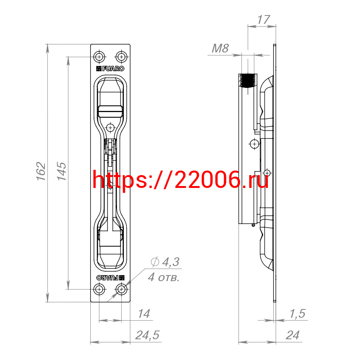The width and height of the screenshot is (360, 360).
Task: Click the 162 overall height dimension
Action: (x=41, y=171)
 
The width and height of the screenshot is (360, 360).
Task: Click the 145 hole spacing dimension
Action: (x=62, y=171)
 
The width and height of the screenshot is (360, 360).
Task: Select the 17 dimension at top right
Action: (x=263, y=20)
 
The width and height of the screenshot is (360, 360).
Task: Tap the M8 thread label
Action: (x=220, y=48)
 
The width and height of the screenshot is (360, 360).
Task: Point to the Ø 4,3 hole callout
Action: (x=165, y=262)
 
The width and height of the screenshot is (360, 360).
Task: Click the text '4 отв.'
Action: (x=163, y=277)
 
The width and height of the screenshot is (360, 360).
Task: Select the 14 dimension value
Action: (x=144, y=314)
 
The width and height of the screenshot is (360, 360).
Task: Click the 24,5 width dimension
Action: (x=147, y=335)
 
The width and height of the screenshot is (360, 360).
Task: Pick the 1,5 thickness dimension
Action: (x=298, y=314)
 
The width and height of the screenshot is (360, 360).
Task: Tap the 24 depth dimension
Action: (x=292, y=335)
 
